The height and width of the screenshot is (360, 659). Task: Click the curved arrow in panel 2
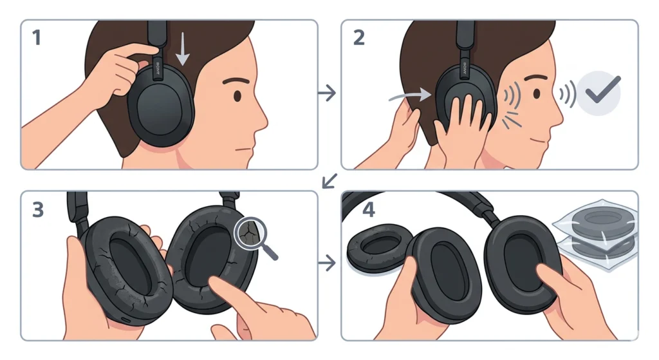coord(410,96)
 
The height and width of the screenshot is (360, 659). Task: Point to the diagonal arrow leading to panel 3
coord(329,181)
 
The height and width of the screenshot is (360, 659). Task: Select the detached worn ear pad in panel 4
coord(378,247)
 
